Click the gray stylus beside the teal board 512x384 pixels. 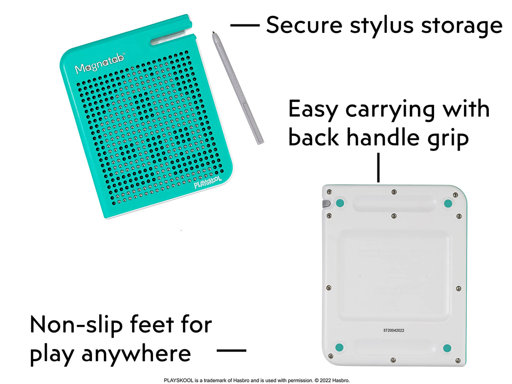click(x=238, y=89)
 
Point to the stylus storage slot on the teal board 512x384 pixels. click(x=172, y=40)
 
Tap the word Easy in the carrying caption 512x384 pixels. click(x=313, y=110)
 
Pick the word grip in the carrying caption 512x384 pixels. click(x=450, y=138)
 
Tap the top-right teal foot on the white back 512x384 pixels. click(x=448, y=204)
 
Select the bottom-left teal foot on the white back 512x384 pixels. click(x=340, y=348)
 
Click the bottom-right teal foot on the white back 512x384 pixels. click(x=447, y=348)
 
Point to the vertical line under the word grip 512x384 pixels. click(x=378, y=168)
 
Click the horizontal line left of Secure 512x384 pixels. click(x=245, y=25)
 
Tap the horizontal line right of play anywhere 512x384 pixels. click(x=231, y=350)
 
